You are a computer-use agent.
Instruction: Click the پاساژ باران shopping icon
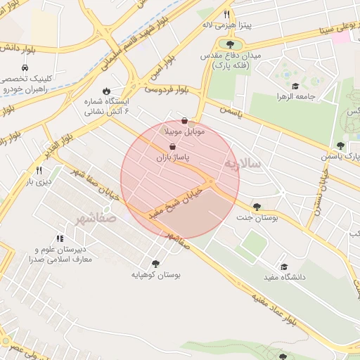173,147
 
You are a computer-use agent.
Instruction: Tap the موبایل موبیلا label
184,131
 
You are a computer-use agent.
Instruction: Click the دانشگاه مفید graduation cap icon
284,266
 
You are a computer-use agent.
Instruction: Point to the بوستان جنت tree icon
256,207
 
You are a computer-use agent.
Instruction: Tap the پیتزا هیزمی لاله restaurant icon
226,14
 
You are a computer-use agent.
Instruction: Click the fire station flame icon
105,91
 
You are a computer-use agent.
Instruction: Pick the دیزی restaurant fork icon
39,170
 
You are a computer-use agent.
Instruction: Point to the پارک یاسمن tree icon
340,146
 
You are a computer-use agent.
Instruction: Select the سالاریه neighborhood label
242,164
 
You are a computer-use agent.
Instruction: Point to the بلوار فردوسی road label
167,90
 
